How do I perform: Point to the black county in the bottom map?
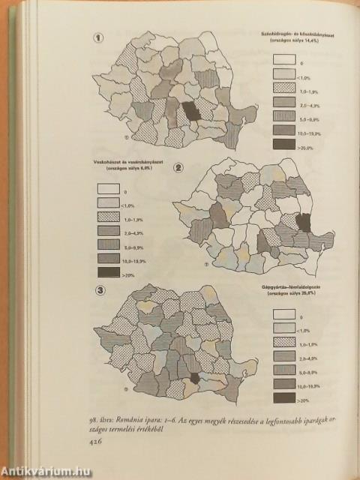(194, 381)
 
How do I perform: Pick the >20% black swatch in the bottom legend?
(284, 399)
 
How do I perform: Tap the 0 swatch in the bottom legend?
(284, 315)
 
